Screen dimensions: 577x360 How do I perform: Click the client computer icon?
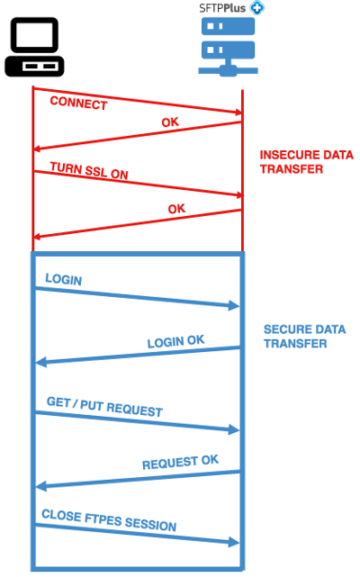(x=34, y=47)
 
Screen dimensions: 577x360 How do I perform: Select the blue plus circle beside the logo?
(x=257, y=6)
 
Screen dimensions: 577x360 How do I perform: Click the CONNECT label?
(x=78, y=103)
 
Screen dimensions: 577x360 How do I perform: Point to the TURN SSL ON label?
(x=88, y=170)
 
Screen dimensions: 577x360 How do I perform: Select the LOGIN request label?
(x=63, y=280)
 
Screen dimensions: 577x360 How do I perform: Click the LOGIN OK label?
(x=175, y=341)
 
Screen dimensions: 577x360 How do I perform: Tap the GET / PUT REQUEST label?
(x=104, y=405)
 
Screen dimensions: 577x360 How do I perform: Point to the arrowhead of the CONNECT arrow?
(x=238, y=113)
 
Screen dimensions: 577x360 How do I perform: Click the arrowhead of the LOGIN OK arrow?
(x=40, y=363)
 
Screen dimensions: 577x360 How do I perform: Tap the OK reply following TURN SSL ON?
(x=176, y=210)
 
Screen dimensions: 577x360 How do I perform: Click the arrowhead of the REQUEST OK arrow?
(x=40, y=487)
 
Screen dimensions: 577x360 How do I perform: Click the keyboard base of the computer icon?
(x=34, y=67)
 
